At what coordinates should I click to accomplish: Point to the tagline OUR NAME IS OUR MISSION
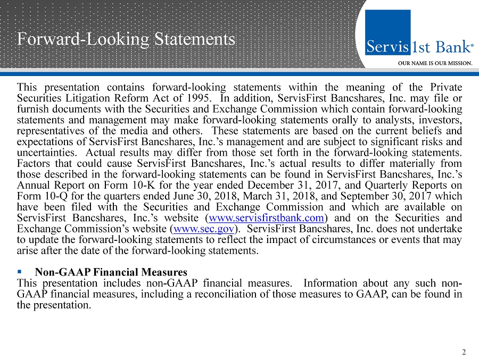point(435,63)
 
